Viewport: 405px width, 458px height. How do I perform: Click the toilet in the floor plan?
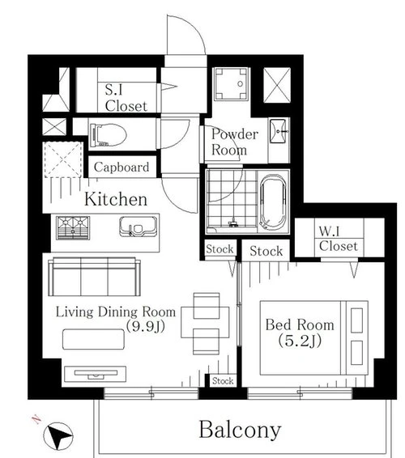coord(107,135)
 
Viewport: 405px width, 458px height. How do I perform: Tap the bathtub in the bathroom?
coord(273,202)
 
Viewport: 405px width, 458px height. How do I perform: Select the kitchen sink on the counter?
coord(137,227)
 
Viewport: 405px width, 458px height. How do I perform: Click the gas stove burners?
coord(73,227)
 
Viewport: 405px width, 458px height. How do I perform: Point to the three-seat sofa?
coord(94,277)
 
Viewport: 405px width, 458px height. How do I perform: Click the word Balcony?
coord(240,430)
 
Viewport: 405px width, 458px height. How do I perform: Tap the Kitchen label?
coord(116,199)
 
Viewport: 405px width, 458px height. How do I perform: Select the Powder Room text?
coord(234,142)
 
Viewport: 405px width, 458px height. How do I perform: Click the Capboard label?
coord(122,167)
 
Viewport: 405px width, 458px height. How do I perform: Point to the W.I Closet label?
coord(339,239)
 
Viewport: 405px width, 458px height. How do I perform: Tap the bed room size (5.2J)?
coord(300,341)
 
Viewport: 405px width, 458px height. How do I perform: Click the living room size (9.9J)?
coord(145,326)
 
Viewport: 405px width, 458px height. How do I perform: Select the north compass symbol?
coord(58,436)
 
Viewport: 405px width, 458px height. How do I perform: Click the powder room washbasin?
coord(278,131)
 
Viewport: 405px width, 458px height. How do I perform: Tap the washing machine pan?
coord(232,84)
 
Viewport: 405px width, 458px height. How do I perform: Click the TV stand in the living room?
coord(95,374)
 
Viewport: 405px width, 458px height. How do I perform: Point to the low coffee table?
coord(94,339)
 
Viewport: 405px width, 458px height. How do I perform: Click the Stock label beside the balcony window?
coord(223,380)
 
